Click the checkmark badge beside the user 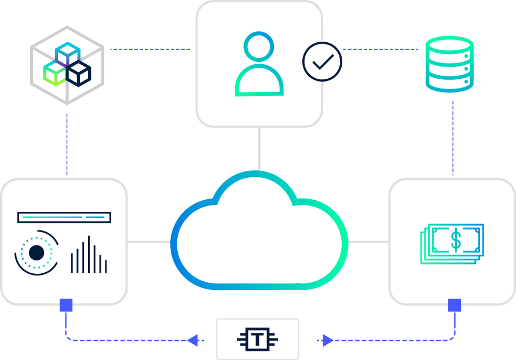click(321, 61)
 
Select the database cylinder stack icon click(449, 64)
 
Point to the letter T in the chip click(257, 339)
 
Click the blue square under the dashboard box click(67, 305)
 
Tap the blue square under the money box click(454, 305)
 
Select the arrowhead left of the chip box click(193, 340)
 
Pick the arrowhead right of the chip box click(327, 340)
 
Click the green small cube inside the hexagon click(54, 74)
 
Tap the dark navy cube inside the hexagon click(78, 74)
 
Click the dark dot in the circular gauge click(36, 253)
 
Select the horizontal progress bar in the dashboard click(64, 218)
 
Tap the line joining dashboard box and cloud click(149, 241)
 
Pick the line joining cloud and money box click(368, 241)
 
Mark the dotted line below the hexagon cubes click(67, 142)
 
